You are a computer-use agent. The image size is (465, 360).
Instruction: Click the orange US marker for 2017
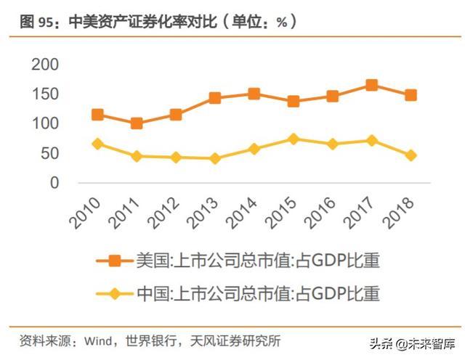click(x=371, y=85)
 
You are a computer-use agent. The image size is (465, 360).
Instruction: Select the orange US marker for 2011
click(x=136, y=123)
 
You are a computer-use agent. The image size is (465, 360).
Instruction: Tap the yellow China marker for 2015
click(x=293, y=139)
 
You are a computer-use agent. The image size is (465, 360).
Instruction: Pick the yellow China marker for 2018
click(x=411, y=155)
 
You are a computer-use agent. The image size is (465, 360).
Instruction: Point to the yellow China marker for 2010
click(x=97, y=144)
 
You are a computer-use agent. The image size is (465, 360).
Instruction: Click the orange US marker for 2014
click(x=254, y=94)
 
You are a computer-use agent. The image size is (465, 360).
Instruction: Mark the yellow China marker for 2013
click(x=214, y=158)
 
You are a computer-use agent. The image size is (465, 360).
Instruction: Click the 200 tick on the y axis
click(x=45, y=65)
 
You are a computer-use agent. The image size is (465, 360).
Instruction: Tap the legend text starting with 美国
click(x=257, y=260)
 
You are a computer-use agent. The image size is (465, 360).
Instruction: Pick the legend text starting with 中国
click(x=257, y=294)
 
